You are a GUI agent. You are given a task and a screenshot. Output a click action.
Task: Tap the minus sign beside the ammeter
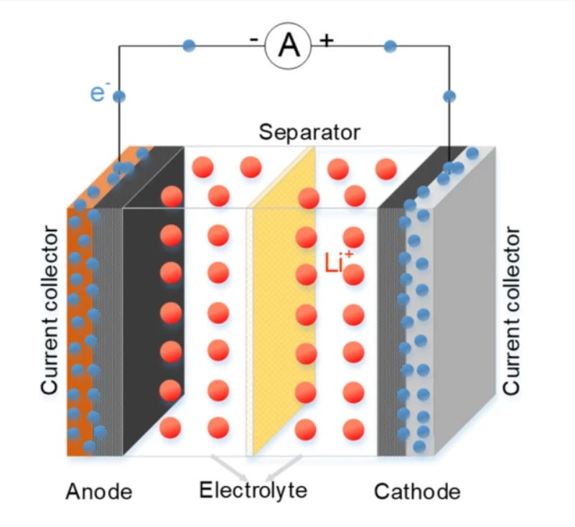click(x=255, y=40)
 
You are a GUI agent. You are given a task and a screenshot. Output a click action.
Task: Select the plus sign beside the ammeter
click(x=327, y=40)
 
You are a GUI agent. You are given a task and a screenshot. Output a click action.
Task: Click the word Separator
click(x=309, y=132)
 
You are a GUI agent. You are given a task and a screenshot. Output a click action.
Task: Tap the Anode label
click(x=99, y=492)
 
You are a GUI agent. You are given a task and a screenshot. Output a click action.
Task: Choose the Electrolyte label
click(x=253, y=491)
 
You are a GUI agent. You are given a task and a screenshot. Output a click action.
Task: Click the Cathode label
click(x=417, y=492)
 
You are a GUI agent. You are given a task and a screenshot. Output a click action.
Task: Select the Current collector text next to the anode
click(x=50, y=310)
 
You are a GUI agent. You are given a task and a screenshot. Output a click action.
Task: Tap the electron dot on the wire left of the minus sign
click(x=189, y=46)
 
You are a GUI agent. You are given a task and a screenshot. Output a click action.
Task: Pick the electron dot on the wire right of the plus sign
click(x=390, y=47)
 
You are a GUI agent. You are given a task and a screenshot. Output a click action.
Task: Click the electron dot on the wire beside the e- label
click(x=119, y=95)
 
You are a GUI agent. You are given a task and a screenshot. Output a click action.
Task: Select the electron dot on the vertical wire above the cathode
click(x=449, y=96)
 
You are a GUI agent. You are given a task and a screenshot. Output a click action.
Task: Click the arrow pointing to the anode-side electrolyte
click(x=230, y=470)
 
